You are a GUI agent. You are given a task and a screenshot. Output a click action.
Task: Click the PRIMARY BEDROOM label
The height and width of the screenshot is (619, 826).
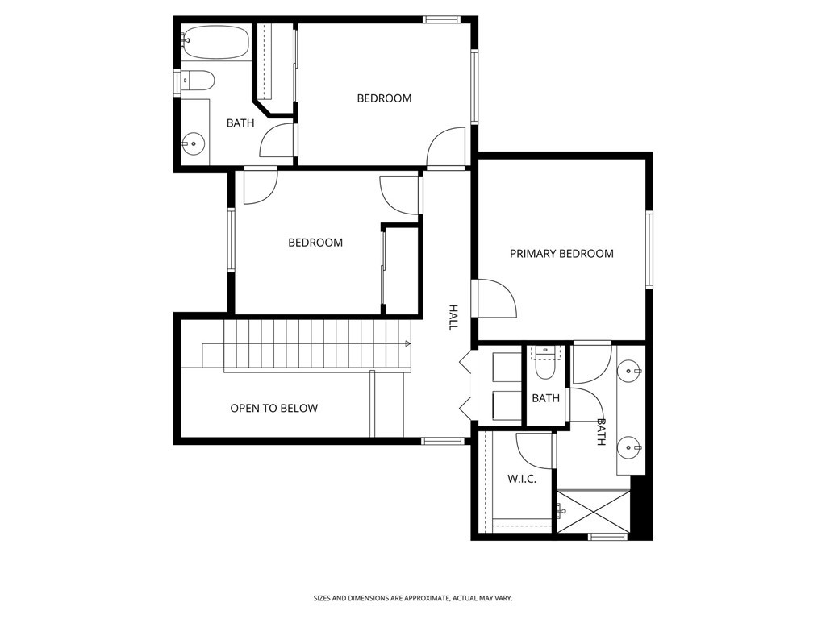(x=561, y=254)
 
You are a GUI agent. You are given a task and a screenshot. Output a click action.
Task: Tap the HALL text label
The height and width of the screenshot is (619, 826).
(x=453, y=317)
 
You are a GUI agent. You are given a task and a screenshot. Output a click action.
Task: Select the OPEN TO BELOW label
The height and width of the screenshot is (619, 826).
(x=273, y=409)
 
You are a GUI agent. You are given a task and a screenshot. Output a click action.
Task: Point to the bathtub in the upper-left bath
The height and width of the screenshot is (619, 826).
(x=215, y=42)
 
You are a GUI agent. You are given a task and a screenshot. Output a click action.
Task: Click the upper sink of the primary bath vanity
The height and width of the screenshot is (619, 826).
(x=630, y=372)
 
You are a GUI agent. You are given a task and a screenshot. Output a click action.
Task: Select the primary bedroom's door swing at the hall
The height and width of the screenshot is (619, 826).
(x=494, y=298)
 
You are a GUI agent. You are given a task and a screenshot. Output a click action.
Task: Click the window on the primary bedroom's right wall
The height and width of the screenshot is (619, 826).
(x=649, y=249)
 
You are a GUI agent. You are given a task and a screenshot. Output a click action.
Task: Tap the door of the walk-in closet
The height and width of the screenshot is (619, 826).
(x=534, y=451)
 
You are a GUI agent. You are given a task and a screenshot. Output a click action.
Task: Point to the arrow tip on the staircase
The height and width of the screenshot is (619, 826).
(x=408, y=344)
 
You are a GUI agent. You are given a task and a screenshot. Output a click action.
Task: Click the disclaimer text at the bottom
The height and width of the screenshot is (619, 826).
(x=412, y=598)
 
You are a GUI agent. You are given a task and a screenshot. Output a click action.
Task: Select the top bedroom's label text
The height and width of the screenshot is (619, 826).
(x=384, y=98)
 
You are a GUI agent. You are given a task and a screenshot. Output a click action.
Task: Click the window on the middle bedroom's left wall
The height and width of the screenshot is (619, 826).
(x=231, y=240)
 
